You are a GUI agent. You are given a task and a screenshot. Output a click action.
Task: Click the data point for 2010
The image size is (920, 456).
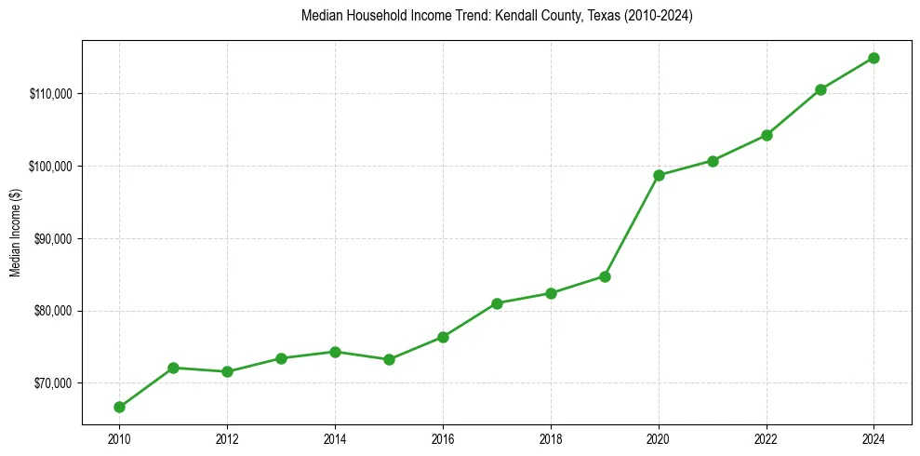tap(119, 407)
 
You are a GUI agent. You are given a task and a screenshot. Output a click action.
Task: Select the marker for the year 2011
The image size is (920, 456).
tap(173, 368)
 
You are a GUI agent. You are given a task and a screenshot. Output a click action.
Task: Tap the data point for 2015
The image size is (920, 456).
tap(389, 359)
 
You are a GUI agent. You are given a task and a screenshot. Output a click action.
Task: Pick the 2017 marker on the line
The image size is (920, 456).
tap(497, 303)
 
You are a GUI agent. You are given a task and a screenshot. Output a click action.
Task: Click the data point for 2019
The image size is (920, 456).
tap(605, 276)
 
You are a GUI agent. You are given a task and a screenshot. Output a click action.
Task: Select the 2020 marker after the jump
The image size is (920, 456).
tap(659, 175)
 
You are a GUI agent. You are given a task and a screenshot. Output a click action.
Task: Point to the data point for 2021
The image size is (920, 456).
tap(713, 161)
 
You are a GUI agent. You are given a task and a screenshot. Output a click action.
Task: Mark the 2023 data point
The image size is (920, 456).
tap(820, 89)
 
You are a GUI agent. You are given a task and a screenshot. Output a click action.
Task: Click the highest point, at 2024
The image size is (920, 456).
tap(874, 58)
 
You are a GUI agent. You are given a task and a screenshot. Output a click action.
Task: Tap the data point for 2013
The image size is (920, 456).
tap(281, 358)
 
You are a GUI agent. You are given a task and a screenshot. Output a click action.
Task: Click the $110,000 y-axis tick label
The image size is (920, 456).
tap(54, 94)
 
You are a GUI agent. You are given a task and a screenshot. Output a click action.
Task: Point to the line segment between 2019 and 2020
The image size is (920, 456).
tap(632, 226)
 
